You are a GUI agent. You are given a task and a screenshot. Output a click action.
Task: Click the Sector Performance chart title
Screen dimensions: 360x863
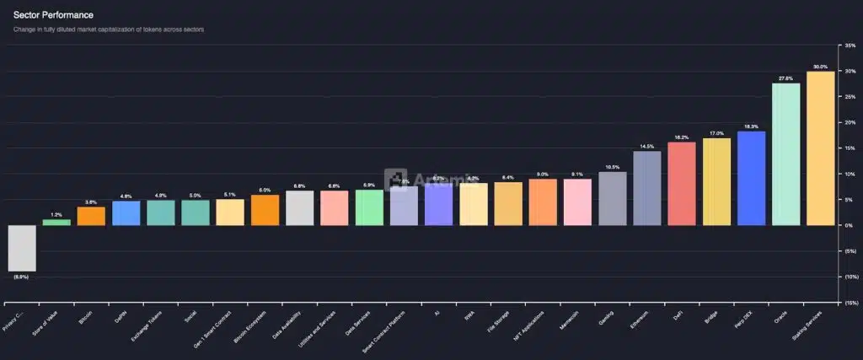[x=53, y=15]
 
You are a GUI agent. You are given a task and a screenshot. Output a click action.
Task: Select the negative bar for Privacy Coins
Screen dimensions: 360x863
[x=22, y=248]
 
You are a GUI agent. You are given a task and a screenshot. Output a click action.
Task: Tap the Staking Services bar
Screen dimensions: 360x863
[x=820, y=148]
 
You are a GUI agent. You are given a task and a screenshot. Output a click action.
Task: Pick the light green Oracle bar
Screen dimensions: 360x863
[x=785, y=154]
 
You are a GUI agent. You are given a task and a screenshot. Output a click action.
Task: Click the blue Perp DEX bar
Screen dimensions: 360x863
[x=751, y=179]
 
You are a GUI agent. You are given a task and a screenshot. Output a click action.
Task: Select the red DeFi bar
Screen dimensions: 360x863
[x=682, y=184]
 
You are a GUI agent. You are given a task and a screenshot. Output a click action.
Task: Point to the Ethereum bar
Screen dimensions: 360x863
[x=647, y=188]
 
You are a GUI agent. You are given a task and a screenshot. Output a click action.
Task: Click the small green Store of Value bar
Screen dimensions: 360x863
[x=56, y=223]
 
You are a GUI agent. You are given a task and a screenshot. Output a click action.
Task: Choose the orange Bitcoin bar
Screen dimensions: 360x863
[x=91, y=216]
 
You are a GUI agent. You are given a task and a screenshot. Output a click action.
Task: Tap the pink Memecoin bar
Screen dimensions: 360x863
[x=578, y=202]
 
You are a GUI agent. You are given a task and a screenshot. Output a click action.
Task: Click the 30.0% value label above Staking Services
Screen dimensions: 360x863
[x=820, y=67]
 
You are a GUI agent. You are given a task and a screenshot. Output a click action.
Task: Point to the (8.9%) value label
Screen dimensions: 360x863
[x=22, y=277]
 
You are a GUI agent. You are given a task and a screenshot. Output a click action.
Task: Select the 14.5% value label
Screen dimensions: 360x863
[x=647, y=147]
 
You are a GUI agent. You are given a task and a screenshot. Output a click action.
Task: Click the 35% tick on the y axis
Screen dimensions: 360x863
[x=850, y=46]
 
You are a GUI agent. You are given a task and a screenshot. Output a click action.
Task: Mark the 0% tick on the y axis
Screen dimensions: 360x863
[x=850, y=225]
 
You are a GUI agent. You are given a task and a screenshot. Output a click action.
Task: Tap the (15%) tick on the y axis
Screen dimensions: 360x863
[x=850, y=303]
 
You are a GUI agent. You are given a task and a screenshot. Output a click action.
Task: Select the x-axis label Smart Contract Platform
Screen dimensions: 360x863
[x=385, y=329]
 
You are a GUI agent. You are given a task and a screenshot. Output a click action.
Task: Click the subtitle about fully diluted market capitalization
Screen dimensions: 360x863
[x=109, y=30]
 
